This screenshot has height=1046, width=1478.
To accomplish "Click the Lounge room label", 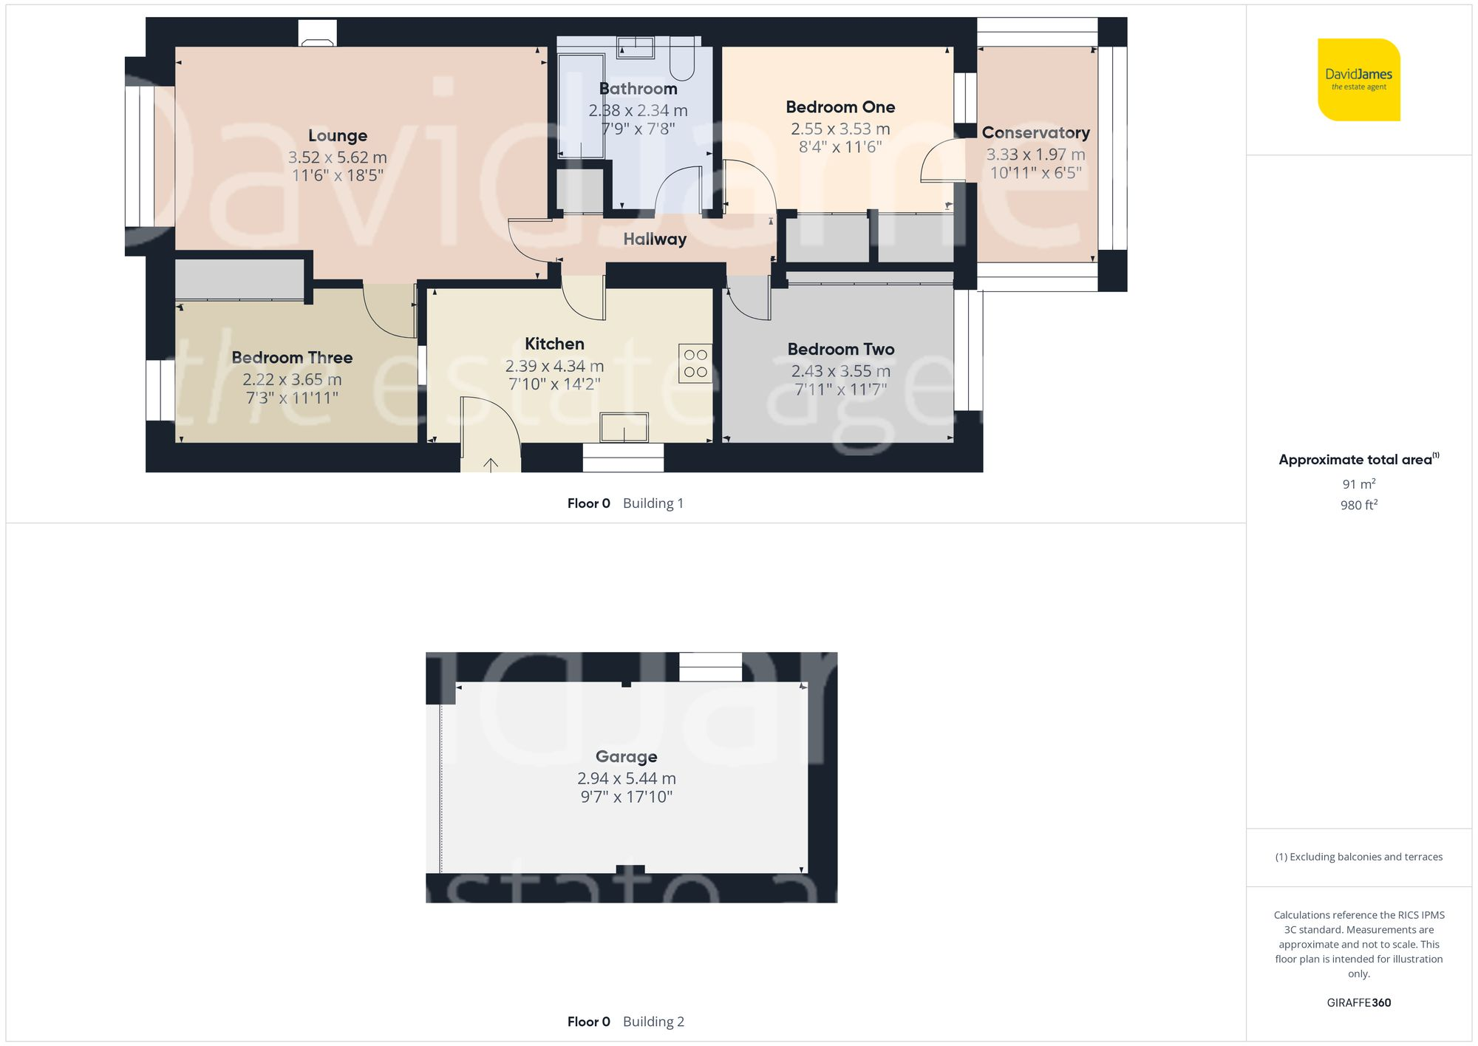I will pos(337,136).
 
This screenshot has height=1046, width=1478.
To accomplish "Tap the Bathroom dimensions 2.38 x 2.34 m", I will pos(638,111).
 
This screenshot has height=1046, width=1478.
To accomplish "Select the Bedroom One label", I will pos(840,107).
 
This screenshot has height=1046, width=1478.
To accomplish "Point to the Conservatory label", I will pos(1035,133).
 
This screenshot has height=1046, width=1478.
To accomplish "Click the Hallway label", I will pos(655,240).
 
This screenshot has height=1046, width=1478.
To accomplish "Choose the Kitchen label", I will pos(554,344).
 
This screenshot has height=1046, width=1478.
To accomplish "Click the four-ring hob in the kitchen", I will pos(695,364).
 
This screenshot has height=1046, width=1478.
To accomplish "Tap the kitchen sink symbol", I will pos(624,428).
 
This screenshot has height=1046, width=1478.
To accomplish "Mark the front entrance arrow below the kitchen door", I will pos(491,464).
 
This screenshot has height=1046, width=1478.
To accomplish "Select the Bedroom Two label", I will pos(840,350).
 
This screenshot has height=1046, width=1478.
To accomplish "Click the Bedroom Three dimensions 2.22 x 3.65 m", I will pos(292,380).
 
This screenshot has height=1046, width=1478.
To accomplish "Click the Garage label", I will pos(626,757).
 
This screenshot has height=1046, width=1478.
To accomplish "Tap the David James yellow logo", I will pos(1358,80).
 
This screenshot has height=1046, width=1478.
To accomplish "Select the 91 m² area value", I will pos(1358,485).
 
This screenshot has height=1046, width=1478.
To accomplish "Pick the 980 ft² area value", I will pos(1358,506).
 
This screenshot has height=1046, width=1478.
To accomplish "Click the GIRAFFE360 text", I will pos(1358,1003).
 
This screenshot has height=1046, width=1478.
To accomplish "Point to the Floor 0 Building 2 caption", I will pos(625,1022).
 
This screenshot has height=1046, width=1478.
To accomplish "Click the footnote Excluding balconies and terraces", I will pos(1358,857).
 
